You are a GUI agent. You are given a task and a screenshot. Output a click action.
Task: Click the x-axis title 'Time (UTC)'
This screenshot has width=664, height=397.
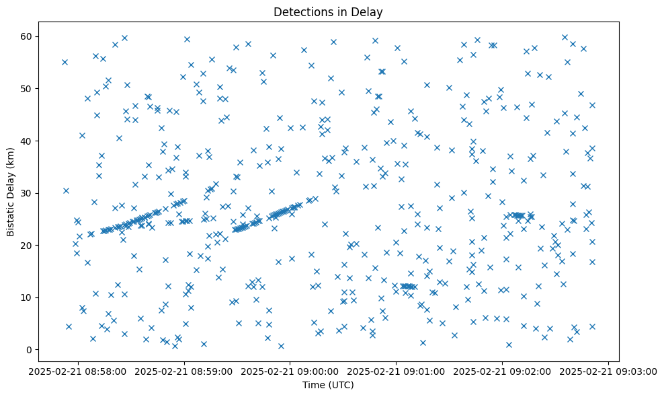coord(328,386)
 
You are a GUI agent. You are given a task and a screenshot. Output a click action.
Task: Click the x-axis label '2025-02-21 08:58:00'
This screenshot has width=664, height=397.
coord(78,371)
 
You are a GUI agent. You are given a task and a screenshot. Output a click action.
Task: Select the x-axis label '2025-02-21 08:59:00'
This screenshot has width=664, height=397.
coord(184,371)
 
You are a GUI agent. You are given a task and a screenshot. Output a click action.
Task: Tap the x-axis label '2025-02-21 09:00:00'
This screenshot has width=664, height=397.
coord(290,371)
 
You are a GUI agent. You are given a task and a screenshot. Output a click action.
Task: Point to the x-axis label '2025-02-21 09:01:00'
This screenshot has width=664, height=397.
coord(397,371)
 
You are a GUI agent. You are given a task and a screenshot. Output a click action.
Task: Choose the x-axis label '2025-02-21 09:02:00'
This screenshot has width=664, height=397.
coord(503,371)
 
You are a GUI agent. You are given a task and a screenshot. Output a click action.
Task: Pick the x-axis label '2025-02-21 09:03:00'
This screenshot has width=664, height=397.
coord(609,371)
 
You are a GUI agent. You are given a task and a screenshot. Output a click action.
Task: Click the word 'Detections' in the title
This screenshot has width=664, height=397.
coord(300,11)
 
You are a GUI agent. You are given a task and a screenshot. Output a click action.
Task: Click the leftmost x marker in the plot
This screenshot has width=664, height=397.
coord(65,62)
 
